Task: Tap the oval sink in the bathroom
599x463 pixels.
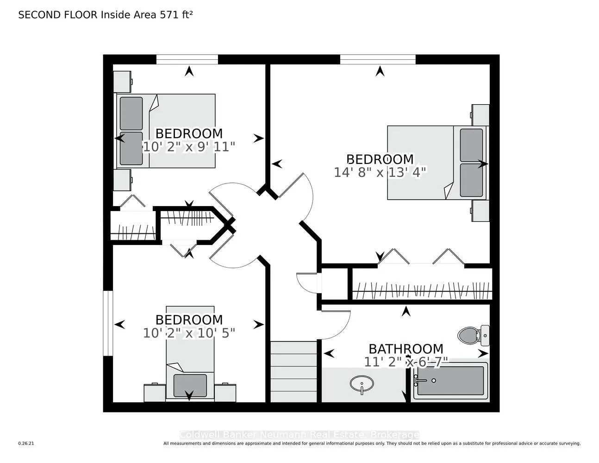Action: coord(362,384)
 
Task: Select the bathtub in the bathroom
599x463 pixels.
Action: coord(450,381)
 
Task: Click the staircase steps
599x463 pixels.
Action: coord(293,371)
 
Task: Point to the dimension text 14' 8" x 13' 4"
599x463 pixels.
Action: coord(380,172)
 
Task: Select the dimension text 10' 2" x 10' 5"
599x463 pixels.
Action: coord(189,333)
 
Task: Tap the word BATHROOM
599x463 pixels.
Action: coord(406,349)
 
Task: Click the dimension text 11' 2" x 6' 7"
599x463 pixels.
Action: coord(406,362)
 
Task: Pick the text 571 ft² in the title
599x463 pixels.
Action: coord(176,15)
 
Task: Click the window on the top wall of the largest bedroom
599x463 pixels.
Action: coord(378,59)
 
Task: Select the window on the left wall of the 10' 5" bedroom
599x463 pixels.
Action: coord(108,323)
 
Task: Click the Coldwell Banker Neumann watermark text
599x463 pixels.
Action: coord(299,435)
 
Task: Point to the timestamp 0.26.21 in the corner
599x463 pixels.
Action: coord(26,444)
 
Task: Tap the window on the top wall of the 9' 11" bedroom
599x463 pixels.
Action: coord(187,59)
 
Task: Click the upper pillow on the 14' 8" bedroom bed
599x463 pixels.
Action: coord(471,138)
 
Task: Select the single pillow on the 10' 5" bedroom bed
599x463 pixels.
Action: coord(190,385)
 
